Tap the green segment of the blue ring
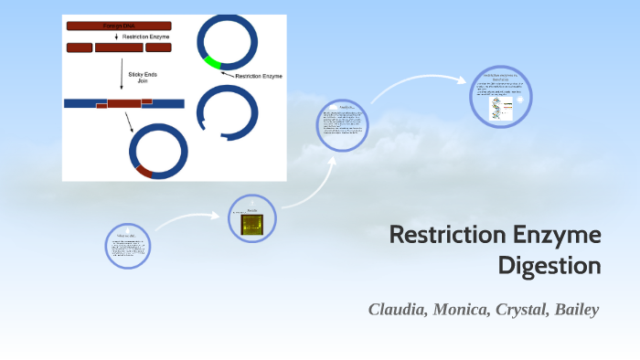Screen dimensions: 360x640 212,63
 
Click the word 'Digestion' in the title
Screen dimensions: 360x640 549,266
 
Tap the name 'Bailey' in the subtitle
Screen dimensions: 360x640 576,309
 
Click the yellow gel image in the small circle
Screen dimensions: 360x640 252,224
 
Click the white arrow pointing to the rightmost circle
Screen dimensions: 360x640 416,84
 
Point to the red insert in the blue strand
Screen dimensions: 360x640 124,104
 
